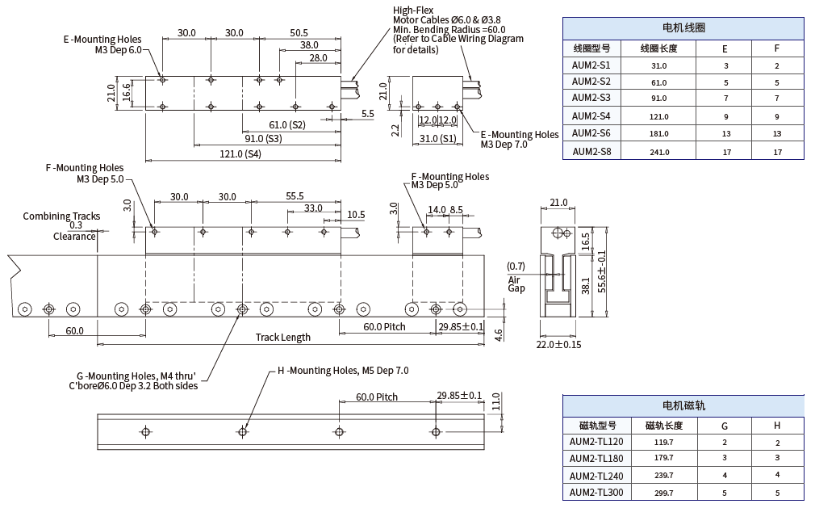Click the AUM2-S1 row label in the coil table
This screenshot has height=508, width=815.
tap(591, 65)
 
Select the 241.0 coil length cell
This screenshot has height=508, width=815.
tap(658, 151)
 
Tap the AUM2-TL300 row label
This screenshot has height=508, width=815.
tap(596, 493)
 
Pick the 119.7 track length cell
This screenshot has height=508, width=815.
tap(664, 442)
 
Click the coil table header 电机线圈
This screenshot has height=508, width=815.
tap(683, 27)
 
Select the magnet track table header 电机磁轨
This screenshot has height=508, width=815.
tap(683, 405)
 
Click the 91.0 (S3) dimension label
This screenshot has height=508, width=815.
tap(262, 138)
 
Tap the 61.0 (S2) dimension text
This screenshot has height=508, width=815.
tap(287, 124)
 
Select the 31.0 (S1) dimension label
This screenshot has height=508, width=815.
tap(438, 138)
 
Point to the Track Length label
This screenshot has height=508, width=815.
tap(282, 337)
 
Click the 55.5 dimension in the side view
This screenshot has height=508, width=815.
tap(295, 196)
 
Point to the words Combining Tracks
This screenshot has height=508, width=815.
tap(61, 216)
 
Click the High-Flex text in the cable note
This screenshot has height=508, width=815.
tap(413, 10)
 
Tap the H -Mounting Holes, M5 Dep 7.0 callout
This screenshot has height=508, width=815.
tap(343, 371)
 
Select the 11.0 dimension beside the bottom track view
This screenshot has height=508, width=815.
tap(496, 401)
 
